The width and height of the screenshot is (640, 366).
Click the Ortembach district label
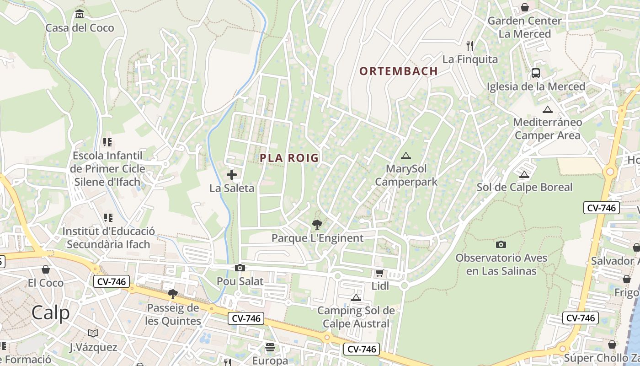398,71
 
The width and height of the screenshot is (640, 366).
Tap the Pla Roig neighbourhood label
289,158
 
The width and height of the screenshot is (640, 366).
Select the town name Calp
51,313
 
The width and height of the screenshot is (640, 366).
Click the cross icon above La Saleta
232,174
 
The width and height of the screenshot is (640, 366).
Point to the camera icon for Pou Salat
240,268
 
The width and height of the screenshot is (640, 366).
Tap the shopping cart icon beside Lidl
379,273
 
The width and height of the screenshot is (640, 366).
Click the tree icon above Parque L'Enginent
317,224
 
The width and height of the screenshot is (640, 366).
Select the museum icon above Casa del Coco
80,14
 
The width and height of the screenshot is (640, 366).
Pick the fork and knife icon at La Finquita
469,45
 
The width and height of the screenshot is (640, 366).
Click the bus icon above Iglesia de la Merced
535,73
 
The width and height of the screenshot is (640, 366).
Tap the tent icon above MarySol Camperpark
405,156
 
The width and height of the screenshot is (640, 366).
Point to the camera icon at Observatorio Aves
501,244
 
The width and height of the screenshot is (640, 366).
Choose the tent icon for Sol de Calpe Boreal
524,174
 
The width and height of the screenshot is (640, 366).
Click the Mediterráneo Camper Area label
547,129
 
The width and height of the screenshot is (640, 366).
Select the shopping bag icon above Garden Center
524,7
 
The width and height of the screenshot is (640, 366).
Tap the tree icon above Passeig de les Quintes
173,294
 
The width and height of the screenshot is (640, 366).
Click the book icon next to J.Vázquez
93,333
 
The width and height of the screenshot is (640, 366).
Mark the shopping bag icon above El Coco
45,269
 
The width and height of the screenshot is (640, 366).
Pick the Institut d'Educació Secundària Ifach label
108,237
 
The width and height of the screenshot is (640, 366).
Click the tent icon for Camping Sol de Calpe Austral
356,297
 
